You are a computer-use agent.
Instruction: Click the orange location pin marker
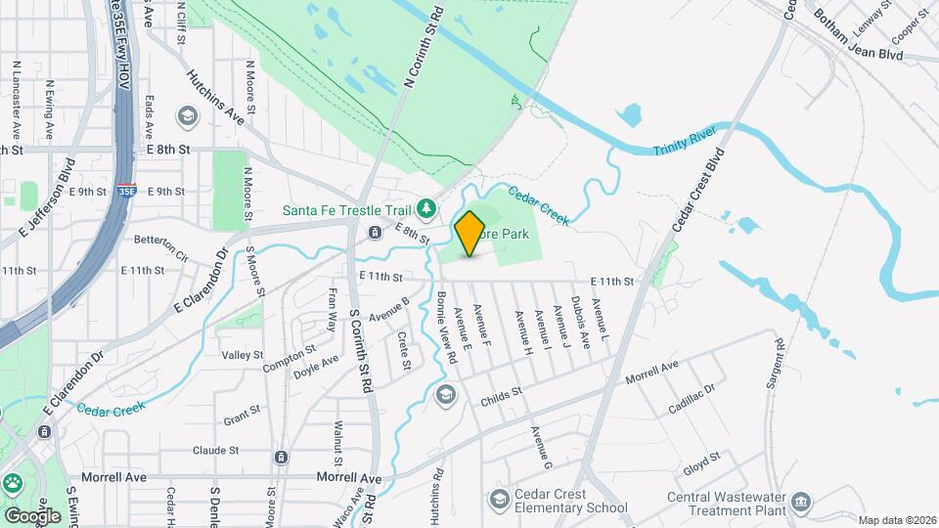click(x=469, y=234)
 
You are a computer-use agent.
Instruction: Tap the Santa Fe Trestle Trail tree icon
click(x=425, y=207)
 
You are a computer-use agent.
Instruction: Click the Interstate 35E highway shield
click(x=126, y=191)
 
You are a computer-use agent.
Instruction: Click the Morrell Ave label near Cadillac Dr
click(x=651, y=372)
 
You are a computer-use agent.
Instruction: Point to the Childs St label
click(x=503, y=396)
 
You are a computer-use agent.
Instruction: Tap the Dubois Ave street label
click(x=579, y=323)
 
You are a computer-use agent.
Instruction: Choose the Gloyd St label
click(x=702, y=458)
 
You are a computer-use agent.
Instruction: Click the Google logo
click(x=32, y=515)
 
